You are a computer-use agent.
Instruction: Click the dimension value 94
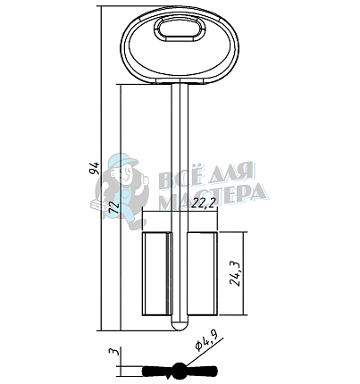click(94, 168)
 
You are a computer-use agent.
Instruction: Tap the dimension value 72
click(113, 207)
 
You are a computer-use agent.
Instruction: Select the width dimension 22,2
click(204, 204)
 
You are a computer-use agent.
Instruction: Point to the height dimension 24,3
click(236, 273)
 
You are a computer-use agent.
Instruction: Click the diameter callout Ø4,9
click(205, 342)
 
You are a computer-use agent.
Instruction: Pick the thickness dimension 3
click(115, 351)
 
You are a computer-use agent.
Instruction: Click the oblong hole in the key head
click(180, 29)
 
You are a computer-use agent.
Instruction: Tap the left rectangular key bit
click(156, 273)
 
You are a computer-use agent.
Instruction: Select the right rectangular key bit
click(202, 273)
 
